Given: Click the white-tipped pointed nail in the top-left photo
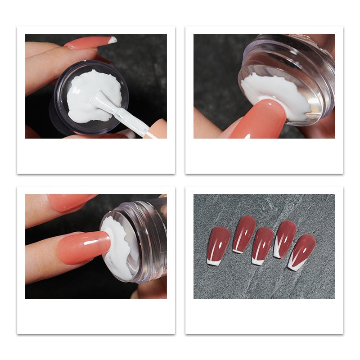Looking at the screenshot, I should [x=90, y=43].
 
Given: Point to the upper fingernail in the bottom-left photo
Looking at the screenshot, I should [x=72, y=202].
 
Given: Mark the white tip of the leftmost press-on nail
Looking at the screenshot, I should [x=213, y=262].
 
